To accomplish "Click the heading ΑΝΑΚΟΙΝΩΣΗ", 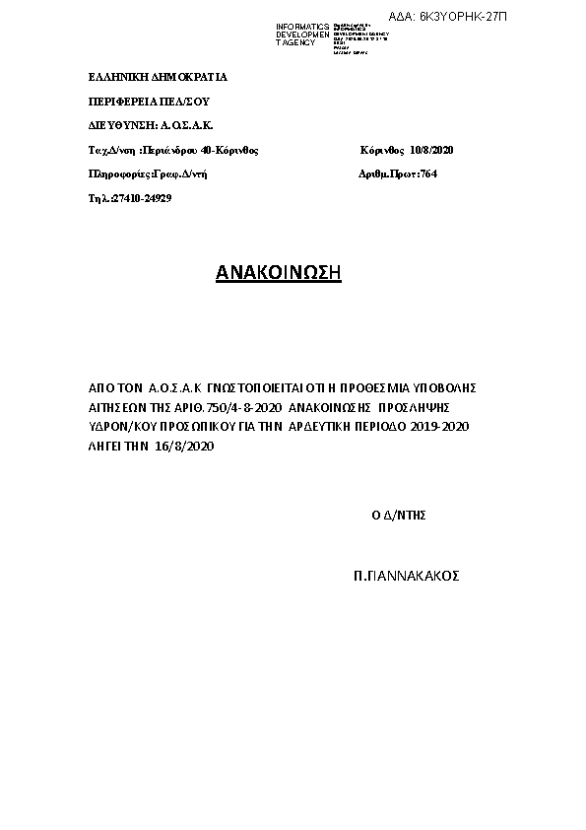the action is pyautogui.click(x=278, y=273).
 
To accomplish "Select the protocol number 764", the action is pyautogui.click(x=428, y=173).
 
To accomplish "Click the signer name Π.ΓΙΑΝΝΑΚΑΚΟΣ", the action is pyautogui.click(x=407, y=575).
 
